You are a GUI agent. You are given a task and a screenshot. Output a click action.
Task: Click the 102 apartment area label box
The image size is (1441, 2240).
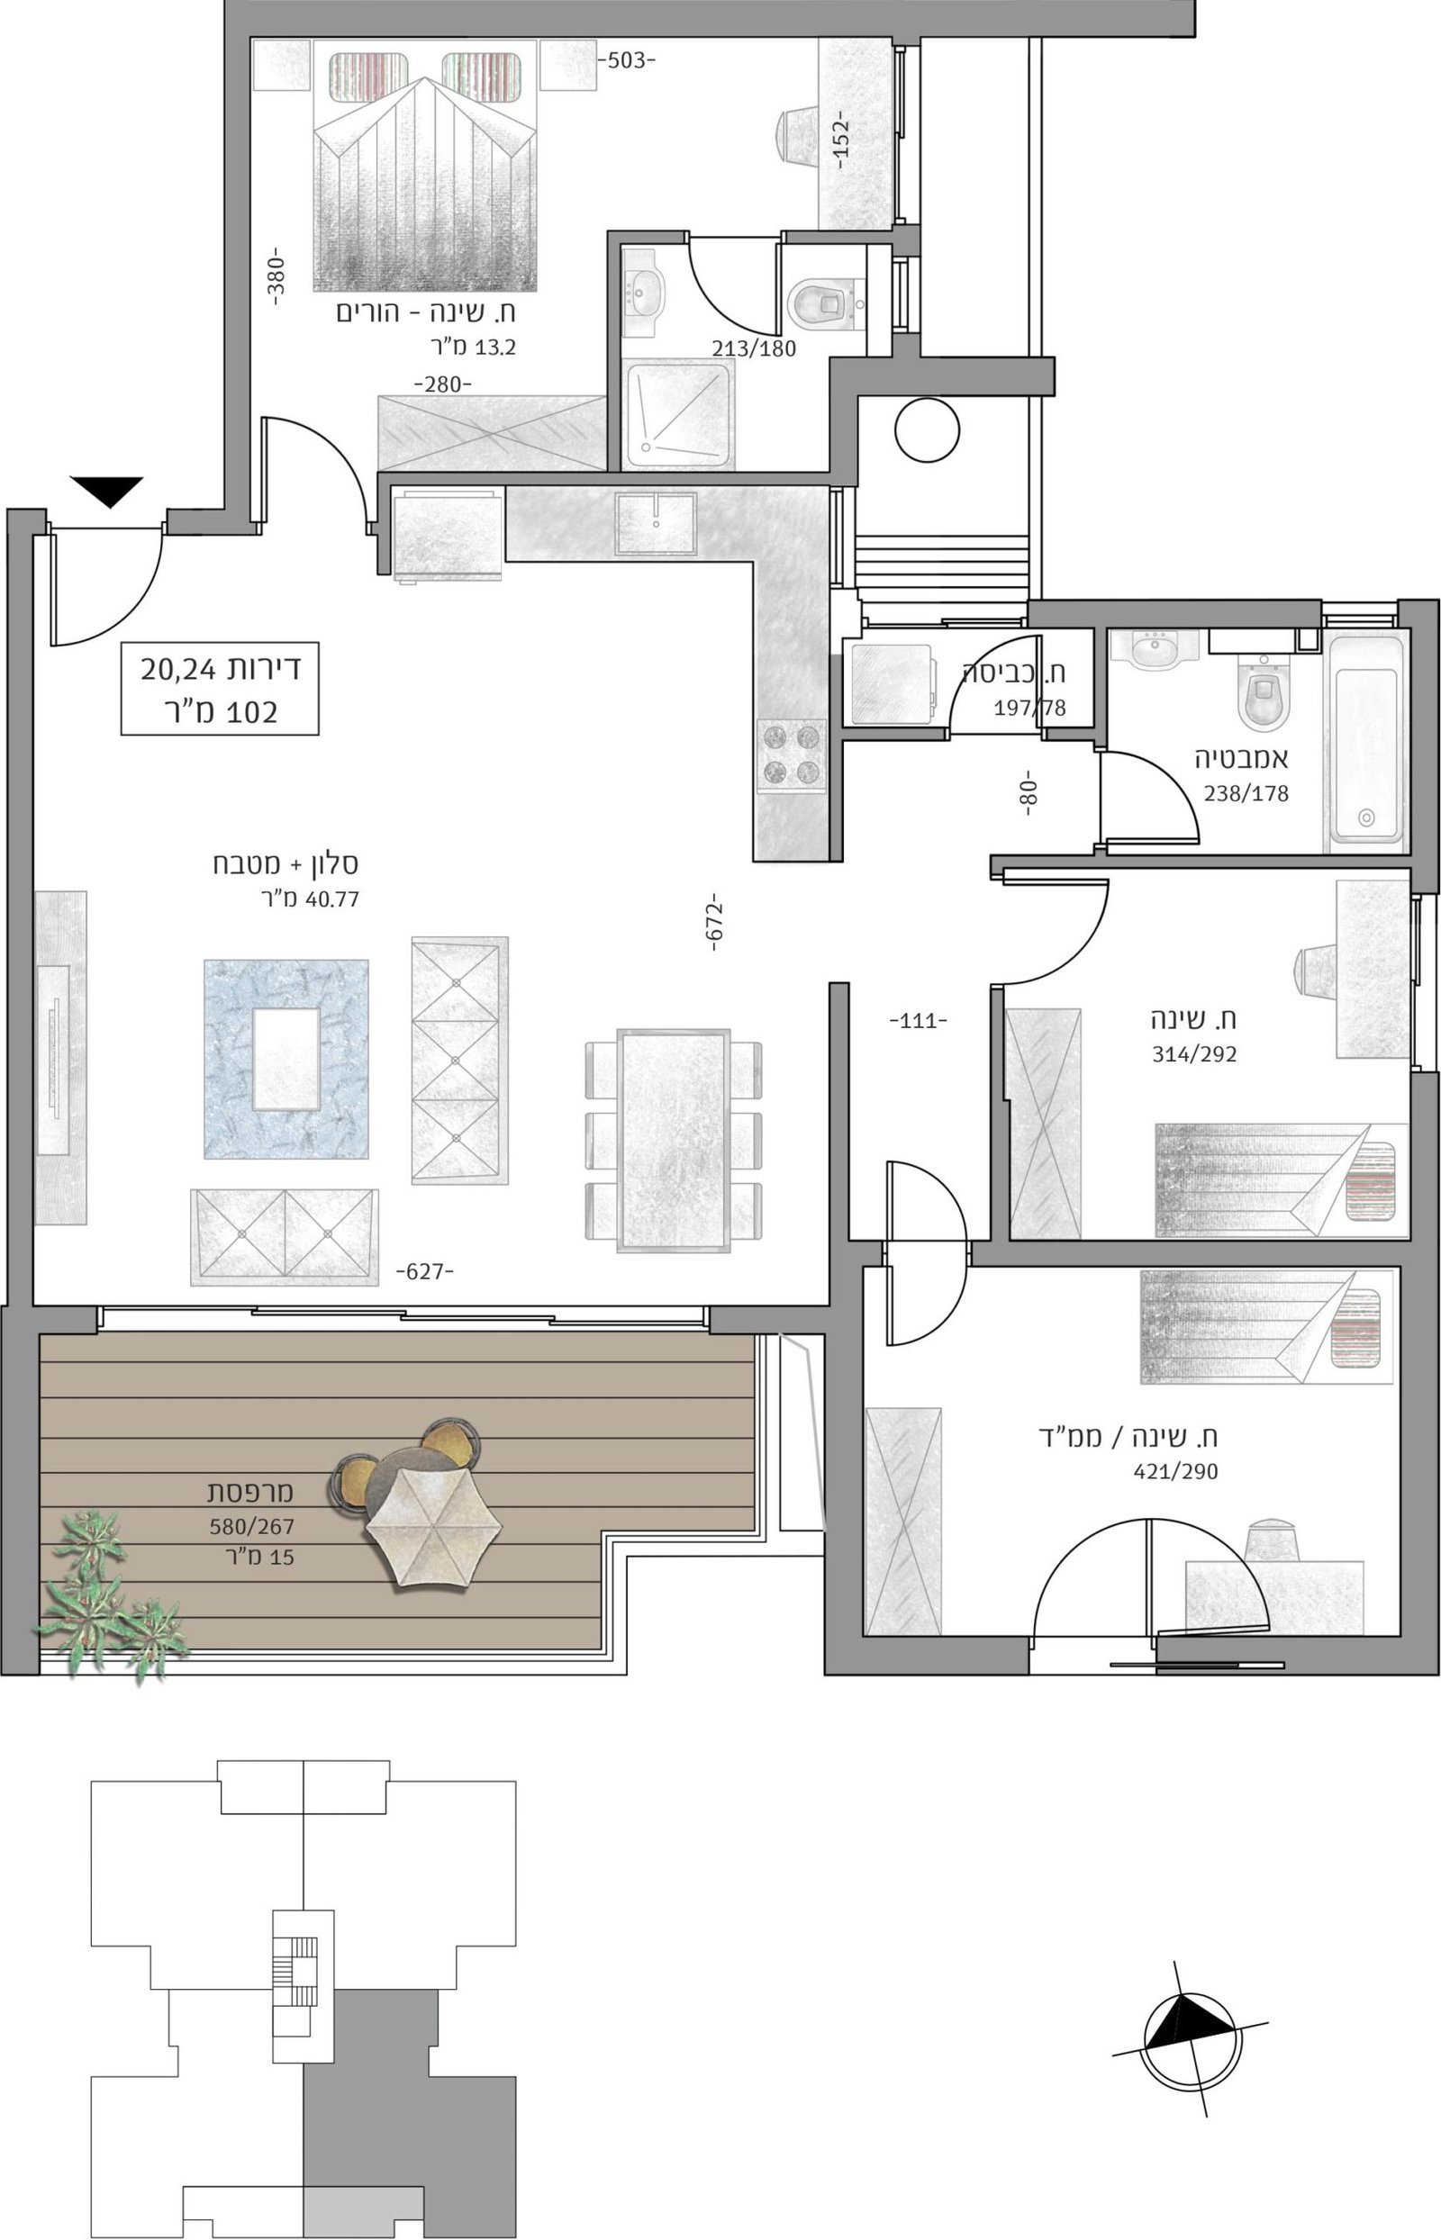click(220, 689)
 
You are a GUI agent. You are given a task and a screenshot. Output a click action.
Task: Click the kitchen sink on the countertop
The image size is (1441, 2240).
click(656, 524)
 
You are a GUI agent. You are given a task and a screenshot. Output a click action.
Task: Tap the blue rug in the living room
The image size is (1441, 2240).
click(286, 1059)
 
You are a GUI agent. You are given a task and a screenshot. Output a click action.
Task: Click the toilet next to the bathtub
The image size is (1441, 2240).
click(1264, 691)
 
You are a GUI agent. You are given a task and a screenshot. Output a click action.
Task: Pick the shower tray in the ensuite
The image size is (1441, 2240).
click(678, 415)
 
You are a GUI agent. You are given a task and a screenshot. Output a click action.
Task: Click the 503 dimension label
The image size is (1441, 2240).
click(627, 62)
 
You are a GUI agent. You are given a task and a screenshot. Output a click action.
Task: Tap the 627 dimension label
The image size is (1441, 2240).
click(425, 1272)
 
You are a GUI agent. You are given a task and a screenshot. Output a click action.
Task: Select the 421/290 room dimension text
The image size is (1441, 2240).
click(1176, 1472)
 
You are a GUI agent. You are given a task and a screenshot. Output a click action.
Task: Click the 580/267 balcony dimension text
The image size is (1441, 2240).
click(251, 1527)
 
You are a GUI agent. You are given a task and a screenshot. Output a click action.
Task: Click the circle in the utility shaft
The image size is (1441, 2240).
click(928, 430)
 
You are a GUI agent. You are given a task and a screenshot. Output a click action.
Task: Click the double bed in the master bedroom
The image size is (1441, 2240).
click(426, 171)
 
